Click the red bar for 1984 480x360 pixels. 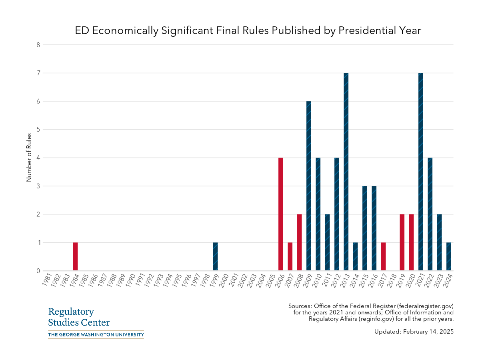[75, 256]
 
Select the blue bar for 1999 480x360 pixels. [215, 256]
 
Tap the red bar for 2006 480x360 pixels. [281, 214]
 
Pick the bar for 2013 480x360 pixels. [346, 172]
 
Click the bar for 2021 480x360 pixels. [420, 172]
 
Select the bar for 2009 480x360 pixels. [309, 186]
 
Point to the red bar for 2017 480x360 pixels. [383, 256]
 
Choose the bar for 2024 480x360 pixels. [448, 256]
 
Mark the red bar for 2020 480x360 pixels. [411, 242]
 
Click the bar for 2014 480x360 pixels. [355, 256]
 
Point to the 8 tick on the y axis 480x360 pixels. [38, 45]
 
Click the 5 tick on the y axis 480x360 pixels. [38, 130]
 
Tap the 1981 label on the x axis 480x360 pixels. [47, 280]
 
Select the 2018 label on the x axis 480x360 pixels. [393, 280]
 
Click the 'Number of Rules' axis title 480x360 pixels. [29, 158]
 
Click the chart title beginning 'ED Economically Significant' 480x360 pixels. [248, 31]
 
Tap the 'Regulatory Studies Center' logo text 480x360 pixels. [79, 317]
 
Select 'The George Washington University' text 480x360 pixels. [96, 334]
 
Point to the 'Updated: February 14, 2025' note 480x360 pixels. [414, 332]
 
